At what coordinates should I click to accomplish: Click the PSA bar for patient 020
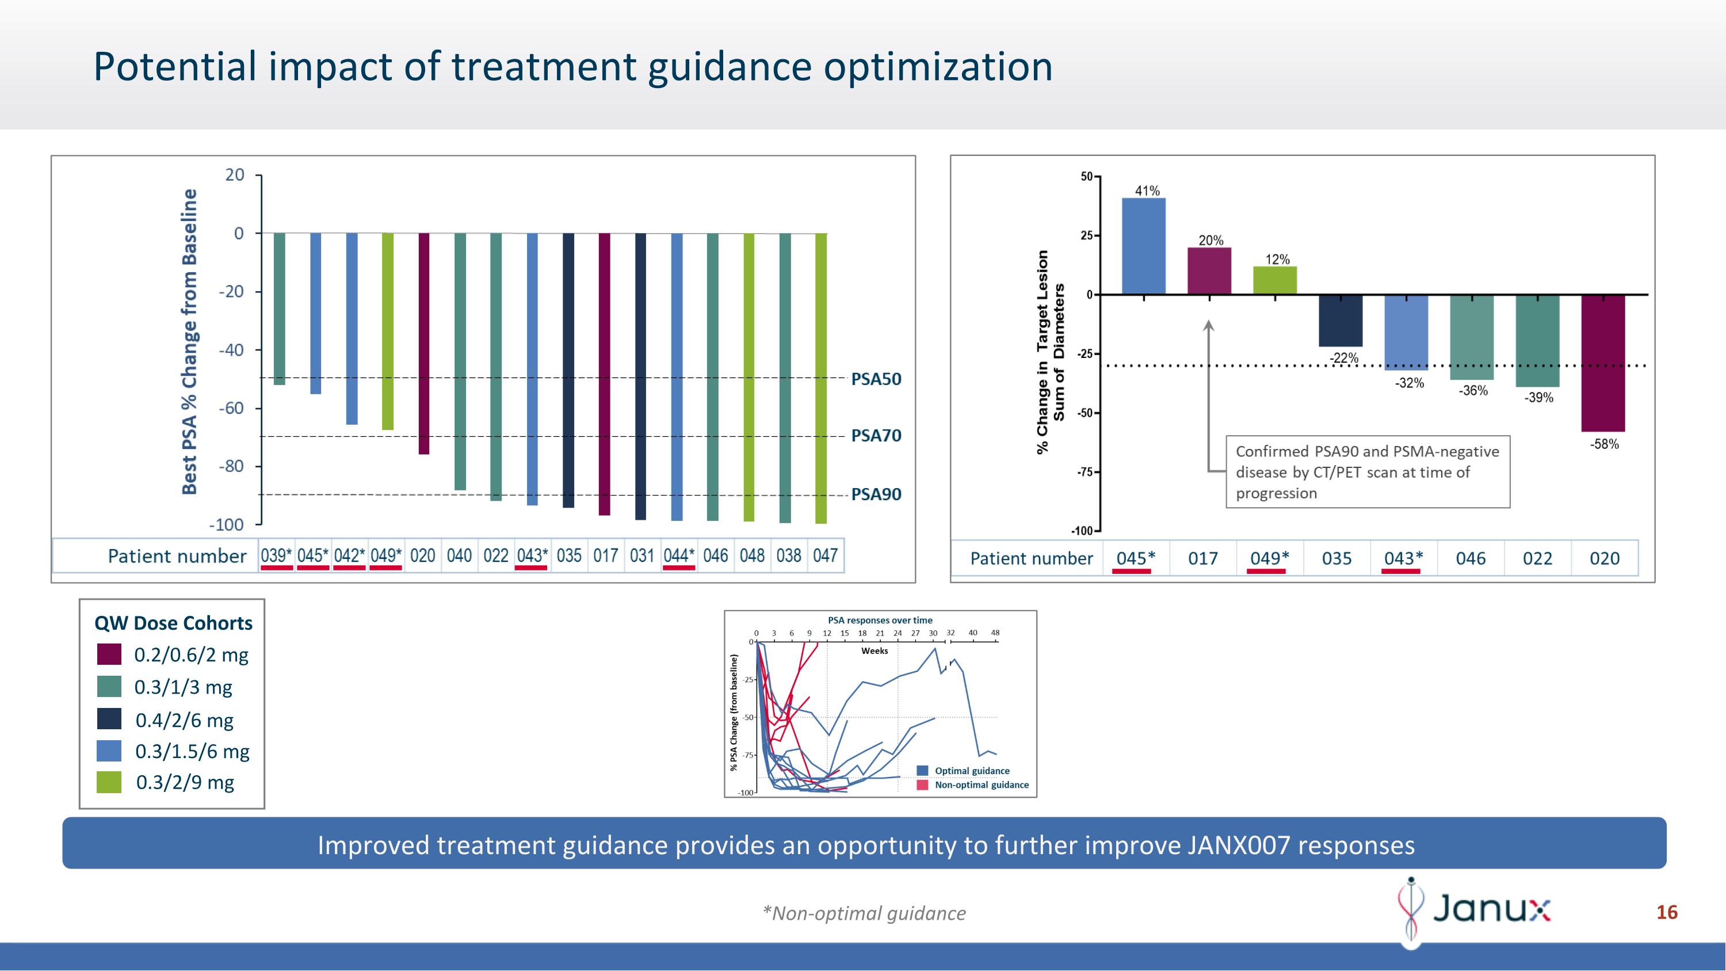(x=423, y=343)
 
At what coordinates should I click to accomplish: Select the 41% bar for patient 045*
(x=1143, y=246)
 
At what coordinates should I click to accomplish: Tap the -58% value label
(x=1604, y=444)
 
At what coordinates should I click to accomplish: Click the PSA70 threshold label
(x=876, y=436)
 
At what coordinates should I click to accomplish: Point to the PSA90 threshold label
(x=876, y=494)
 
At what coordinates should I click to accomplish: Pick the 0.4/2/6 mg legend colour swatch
(x=109, y=719)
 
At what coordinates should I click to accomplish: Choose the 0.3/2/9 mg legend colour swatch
(x=109, y=782)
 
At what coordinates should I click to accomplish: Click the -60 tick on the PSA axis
(x=231, y=408)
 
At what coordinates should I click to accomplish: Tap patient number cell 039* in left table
(x=276, y=555)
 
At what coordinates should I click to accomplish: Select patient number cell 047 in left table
(x=825, y=555)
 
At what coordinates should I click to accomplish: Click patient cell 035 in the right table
(x=1336, y=558)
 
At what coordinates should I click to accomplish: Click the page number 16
(x=1666, y=912)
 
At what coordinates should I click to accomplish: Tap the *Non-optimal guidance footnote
(x=864, y=913)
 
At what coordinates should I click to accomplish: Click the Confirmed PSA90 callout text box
(x=1367, y=473)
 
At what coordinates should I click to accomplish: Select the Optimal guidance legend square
(x=922, y=771)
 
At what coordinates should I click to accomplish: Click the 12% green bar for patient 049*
(x=1274, y=280)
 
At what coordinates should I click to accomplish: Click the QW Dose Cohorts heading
(x=173, y=623)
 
